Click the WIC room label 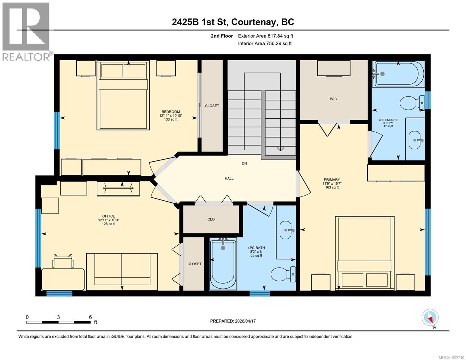(333, 99)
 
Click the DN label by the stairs (244, 163)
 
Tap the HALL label (229, 178)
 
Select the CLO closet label (211, 219)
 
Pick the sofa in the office (122, 271)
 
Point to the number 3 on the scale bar (58, 317)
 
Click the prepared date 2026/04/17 (245, 321)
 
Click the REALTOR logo (26, 31)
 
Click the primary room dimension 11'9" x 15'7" (332, 184)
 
